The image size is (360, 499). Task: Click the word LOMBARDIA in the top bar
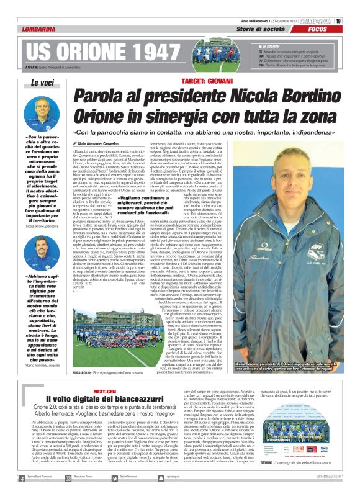tap(41, 29)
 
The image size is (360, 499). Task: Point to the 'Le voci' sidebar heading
tap(42, 83)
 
